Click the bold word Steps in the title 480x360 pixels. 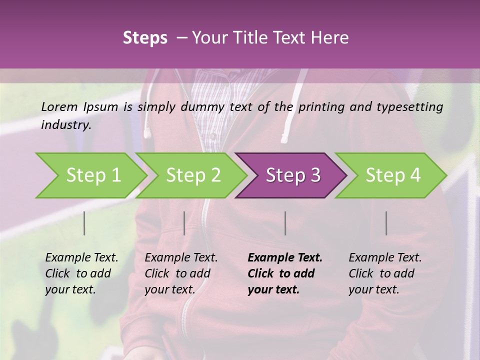click(145, 38)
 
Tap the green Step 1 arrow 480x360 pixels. click(93, 175)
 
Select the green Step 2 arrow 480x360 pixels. click(193, 175)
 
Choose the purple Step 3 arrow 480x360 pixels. click(293, 175)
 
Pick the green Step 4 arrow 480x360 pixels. click(393, 175)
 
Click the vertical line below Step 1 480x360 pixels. click(84, 223)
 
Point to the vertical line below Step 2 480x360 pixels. click(184, 223)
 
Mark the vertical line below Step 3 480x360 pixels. click(285, 223)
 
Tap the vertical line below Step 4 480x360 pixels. click(386, 223)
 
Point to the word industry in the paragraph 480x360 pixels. click(66, 125)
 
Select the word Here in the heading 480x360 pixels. click(332, 38)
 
